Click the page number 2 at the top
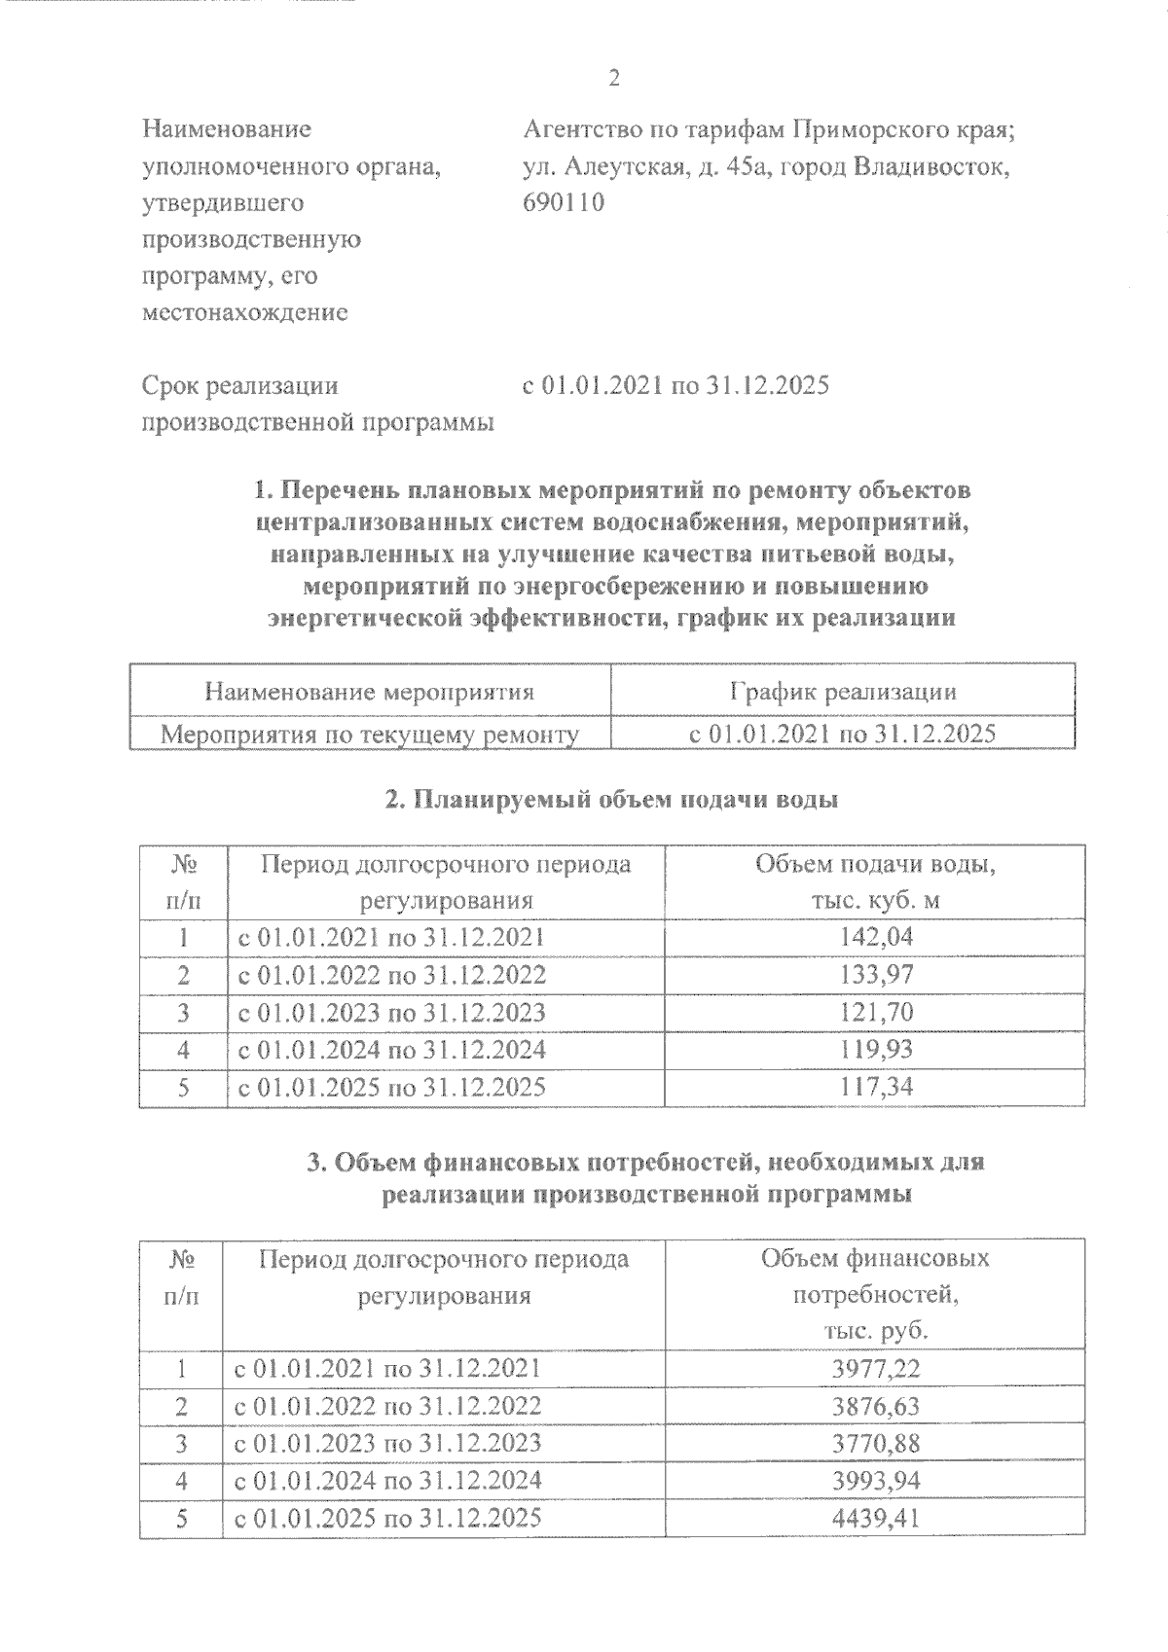pos(613,79)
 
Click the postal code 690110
pos(564,203)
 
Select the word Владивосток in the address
pos(931,166)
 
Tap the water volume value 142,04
pos(876,937)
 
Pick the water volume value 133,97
pos(876,975)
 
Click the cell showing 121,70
pos(876,1012)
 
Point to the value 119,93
pos(876,1050)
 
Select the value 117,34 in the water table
pos(876,1087)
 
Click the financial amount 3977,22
pos(876,1369)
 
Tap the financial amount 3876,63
pos(876,1406)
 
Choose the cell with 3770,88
pos(876,1443)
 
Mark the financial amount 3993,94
pos(876,1481)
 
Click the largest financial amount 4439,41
pos(876,1518)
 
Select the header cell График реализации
pos(843,692)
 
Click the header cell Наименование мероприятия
pos(370,692)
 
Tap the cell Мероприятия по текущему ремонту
pos(370,734)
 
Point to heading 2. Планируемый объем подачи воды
pos(612,800)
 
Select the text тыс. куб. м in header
pos(876,901)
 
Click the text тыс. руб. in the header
pos(876,1331)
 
